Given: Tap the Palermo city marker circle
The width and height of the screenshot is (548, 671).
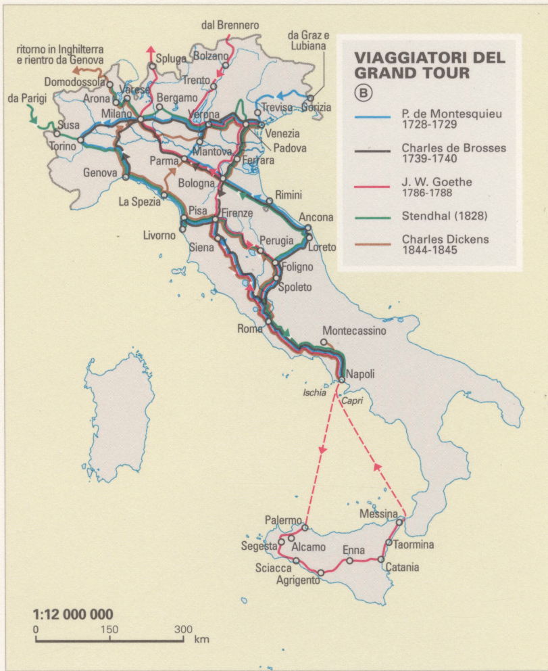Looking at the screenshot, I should (305, 528).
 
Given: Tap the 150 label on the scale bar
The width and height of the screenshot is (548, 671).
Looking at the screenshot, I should (109, 630).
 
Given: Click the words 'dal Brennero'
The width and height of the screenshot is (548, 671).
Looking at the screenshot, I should (230, 25).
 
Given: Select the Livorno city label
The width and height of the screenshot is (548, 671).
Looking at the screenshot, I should (159, 235).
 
